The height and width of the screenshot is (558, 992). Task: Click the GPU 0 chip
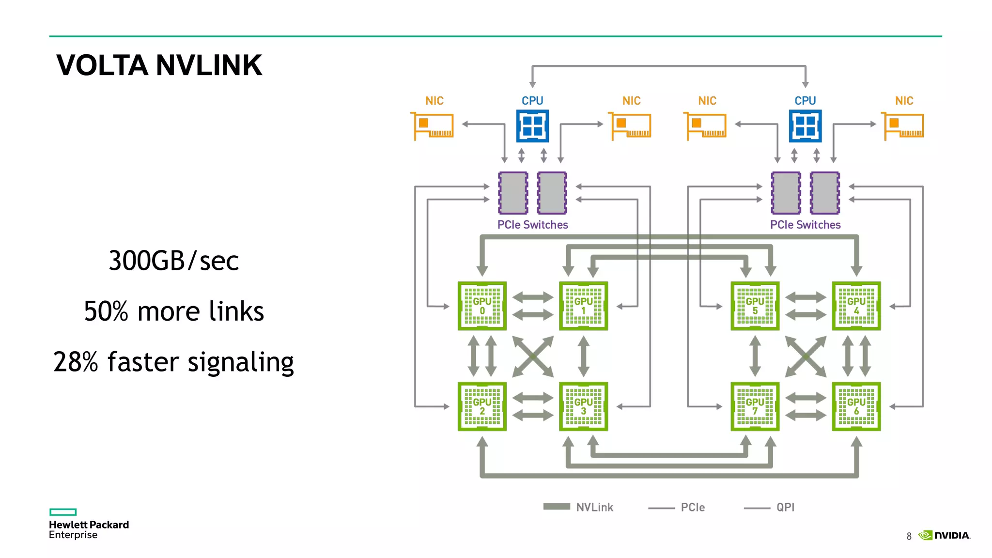click(x=482, y=306)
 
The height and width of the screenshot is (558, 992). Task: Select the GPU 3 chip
click(x=583, y=407)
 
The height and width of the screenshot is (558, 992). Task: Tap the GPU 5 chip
click(x=755, y=306)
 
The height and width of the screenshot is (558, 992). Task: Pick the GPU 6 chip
click(x=856, y=407)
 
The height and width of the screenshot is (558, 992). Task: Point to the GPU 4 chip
click(x=856, y=306)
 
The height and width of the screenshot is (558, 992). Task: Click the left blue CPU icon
click(x=532, y=126)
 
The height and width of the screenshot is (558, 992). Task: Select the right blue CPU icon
click(x=805, y=126)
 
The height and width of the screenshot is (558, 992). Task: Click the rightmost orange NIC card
click(x=903, y=126)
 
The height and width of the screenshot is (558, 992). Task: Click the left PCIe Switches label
click(x=532, y=225)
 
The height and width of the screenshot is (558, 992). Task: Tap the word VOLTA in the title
click(x=102, y=65)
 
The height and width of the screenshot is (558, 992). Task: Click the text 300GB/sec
click(x=173, y=261)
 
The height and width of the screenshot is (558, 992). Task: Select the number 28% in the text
click(x=76, y=362)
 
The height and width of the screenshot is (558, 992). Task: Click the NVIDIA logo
click(x=945, y=535)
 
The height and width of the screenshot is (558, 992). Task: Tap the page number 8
click(x=909, y=536)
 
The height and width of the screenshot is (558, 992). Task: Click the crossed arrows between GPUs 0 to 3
click(x=533, y=356)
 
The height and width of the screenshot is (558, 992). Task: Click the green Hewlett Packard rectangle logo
click(x=63, y=512)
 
